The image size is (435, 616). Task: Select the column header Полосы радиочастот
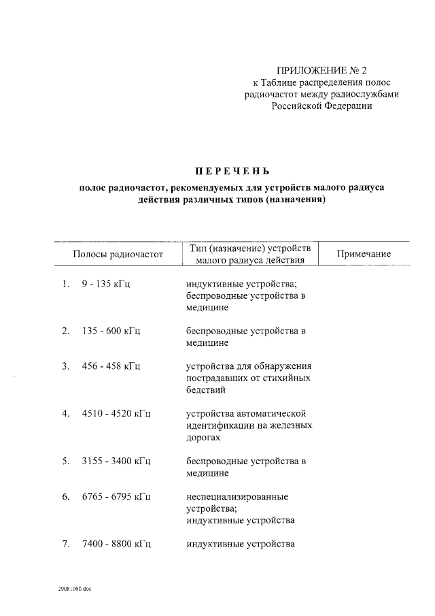click(x=119, y=254)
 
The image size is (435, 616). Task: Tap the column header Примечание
click(x=364, y=254)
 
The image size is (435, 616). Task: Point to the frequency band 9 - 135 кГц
click(x=106, y=285)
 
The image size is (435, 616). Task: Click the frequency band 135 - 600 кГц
click(x=111, y=331)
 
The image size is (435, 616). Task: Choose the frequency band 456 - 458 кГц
click(x=111, y=366)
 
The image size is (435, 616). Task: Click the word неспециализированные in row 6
click(x=237, y=496)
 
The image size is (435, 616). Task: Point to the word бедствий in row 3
click(x=206, y=390)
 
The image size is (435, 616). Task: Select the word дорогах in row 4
click(x=204, y=438)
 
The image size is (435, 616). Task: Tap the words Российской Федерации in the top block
click(x=321, y=106)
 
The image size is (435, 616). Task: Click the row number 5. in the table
click(x=66, y=461)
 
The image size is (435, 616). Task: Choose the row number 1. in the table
click(x=66, y=285)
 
